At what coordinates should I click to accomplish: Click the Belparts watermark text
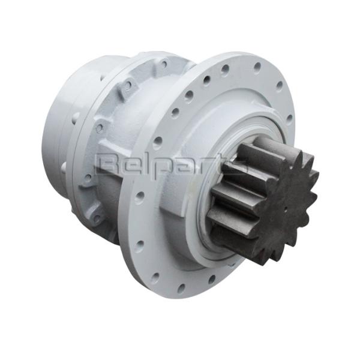pos(172,164)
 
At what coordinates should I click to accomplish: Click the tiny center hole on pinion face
pos(286,208)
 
